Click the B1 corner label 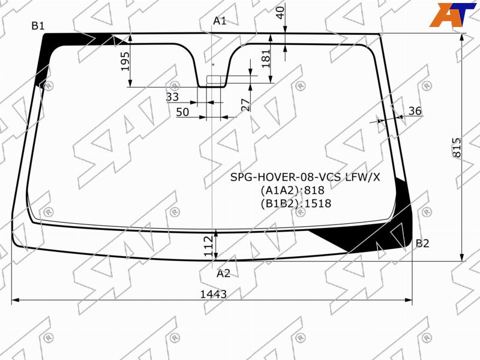pyautogui.click(x=38, y=26)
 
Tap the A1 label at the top pyautogui.click(x=220, y=21)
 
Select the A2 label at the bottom pyautogui.click(x=223, y=274)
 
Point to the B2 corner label pyautogui.click(x=422, y=244)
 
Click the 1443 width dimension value pyautogui.click(x=214, y=294)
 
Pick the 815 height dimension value pyautogui.click(x=457, y=148)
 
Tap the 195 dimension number pyautogui.click(x=125, y=62)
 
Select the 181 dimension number pyautogui.click(x=266, y=58)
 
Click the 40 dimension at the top pyautogui.click(x=280, y=13)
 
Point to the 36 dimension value pyautogui.click(x=415, y=111)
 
